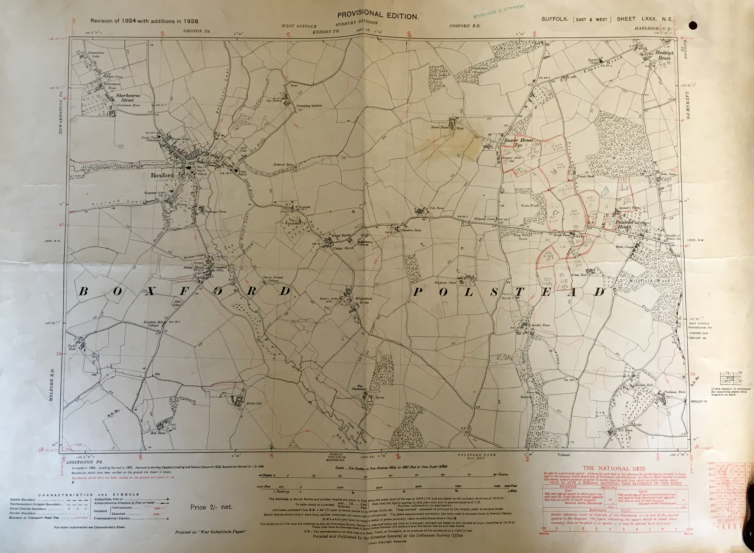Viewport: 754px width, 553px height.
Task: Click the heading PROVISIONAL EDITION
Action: coord(378,15)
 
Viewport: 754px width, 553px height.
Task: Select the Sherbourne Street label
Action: coord(128,98)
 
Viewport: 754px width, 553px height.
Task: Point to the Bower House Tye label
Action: coord(519,143)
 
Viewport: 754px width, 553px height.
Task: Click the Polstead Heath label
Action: coord(624,224)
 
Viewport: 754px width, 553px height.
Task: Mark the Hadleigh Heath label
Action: coord(664,55)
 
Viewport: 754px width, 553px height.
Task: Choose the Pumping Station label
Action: coord(309,105)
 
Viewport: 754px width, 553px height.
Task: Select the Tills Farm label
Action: coord(436,208)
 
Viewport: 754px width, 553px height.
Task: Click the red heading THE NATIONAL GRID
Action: coord(614,468)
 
